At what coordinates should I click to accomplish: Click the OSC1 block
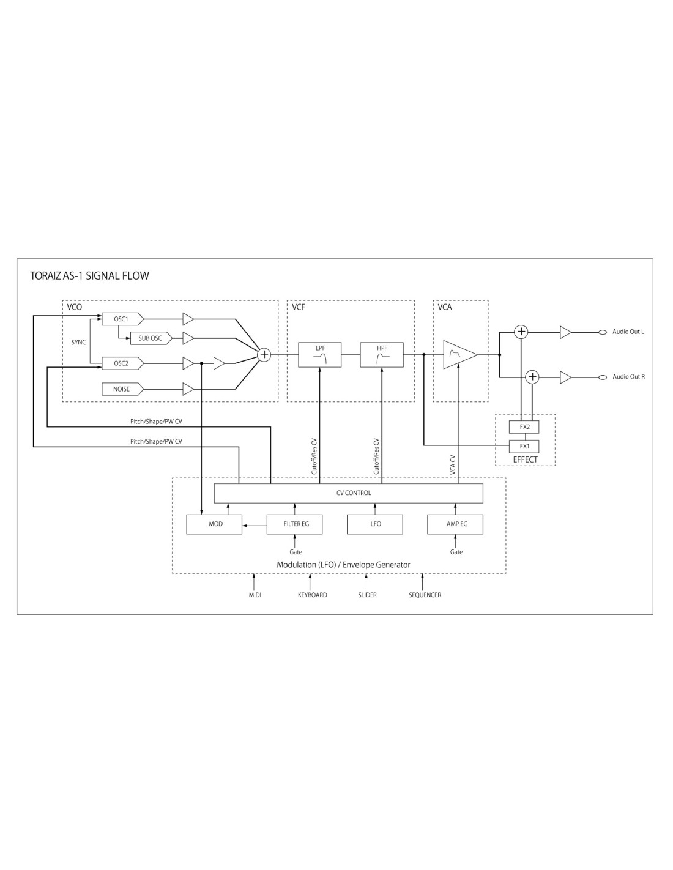click(x=122, y=319)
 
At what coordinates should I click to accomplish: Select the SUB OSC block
click(x=150, y=338)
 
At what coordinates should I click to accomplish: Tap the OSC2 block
click(x=122, y=363)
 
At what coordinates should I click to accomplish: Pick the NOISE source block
click(x=122, y=389)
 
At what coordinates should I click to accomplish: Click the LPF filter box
click(x=320, y=355)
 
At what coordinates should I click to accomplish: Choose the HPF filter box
click(x=382, y=355)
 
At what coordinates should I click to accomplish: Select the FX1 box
click(x=524, y=446)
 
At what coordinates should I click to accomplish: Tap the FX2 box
click(x=524, y=427)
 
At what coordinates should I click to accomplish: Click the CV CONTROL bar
click(x=349, y=493)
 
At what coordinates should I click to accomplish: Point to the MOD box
click(x=214, y=524)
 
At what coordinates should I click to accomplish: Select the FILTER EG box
click(x=295, y=524)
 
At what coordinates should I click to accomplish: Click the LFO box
click(x=375, y=524)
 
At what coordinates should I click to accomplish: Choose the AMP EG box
click(x=456, y=524)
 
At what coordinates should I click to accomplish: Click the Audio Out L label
click(x=628, y=332)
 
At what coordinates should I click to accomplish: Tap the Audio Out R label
click(x=628, y=377)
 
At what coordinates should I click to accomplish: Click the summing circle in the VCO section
click(x=264, y=354)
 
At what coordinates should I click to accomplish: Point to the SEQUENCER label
click(x=425, y=595)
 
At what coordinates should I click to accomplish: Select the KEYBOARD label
click(x=312, y=595)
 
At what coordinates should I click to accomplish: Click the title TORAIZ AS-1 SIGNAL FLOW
click(x=89, y=276)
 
